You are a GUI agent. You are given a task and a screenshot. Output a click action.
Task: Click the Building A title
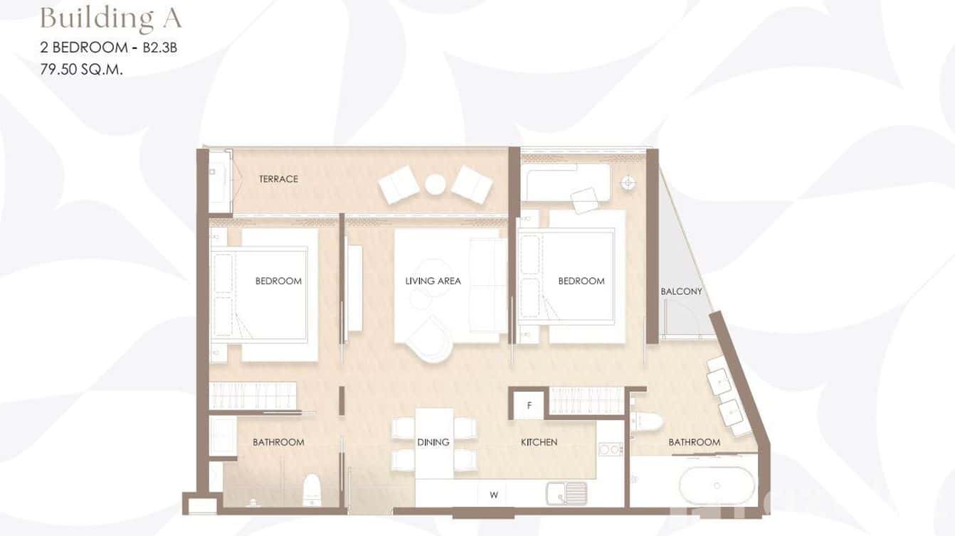click(110, 18)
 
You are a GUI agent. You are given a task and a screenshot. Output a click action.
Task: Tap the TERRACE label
click(278, 179)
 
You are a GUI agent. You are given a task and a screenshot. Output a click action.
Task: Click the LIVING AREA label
click(433, 281)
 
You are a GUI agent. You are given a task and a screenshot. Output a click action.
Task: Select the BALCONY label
click(681, 291)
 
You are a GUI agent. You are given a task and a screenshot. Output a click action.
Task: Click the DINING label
click(433, 442)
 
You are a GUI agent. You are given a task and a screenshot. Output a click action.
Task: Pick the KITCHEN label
click(539, 442)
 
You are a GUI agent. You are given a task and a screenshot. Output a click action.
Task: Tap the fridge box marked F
click(529, 407)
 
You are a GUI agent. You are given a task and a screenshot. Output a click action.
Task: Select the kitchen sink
click(566, 492)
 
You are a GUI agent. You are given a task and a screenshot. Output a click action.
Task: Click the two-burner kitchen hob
click(611, 449)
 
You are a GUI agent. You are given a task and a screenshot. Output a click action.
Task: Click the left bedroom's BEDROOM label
click(278, 281)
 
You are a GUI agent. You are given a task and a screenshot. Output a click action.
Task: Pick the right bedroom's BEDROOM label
click(581, 281)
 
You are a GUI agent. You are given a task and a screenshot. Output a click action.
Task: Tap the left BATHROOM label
click(278, 442)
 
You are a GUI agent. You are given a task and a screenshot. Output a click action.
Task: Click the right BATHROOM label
click(694, 442)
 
